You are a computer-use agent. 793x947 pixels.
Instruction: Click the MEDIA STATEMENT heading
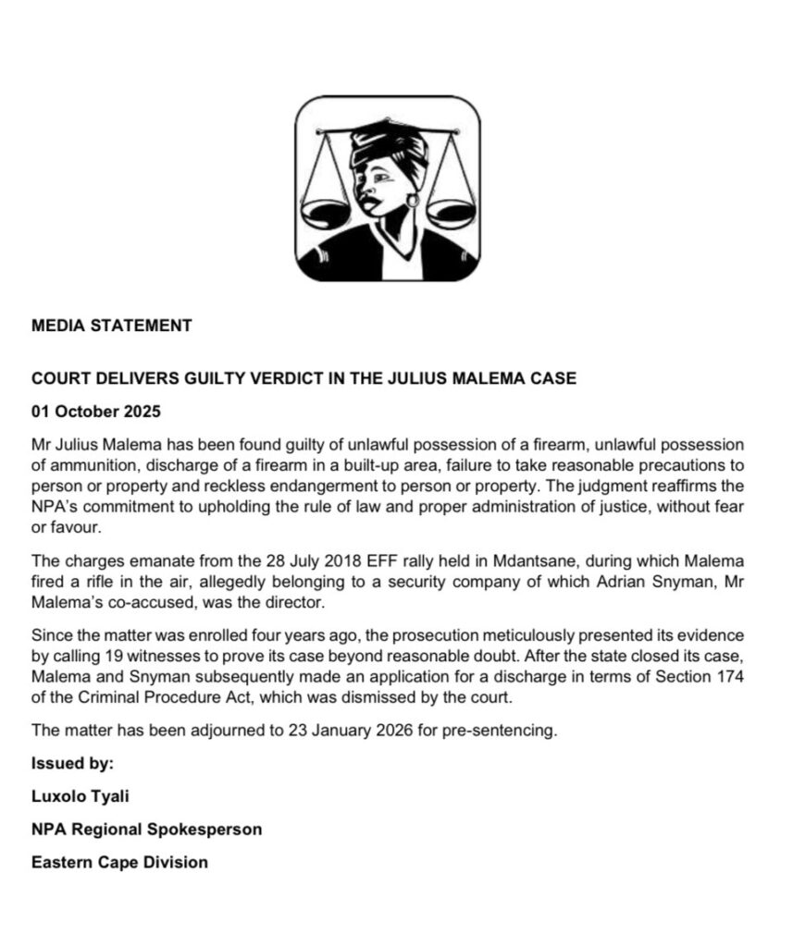(111, 326)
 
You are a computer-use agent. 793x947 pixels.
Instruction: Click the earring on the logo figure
(413, 199)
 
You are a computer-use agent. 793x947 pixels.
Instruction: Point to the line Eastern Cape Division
(119, 862)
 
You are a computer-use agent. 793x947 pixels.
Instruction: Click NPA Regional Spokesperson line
(146, 829)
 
